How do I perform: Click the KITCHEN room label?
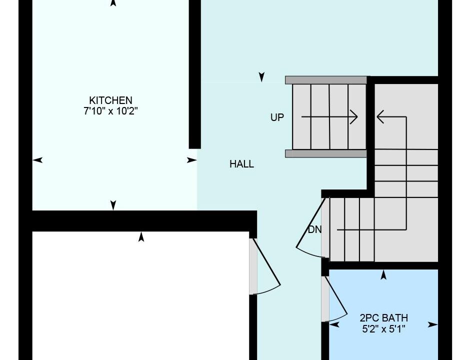[x=110, y=100]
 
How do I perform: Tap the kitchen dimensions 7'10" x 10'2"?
[x=110, y=111]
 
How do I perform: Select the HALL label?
[x=241, y=164]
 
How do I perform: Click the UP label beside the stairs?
[x=277, y=117]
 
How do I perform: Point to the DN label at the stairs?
[x=314, y=230]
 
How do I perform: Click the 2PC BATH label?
[x=383, y=318]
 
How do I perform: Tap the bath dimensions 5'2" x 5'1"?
[x=383, y=329]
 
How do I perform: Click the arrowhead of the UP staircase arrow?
[x=354, y=117]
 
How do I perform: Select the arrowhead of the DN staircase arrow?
[x=380, y=117]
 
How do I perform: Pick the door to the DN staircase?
[x=310, y=228]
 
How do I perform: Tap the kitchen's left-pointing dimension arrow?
[x=37, y=160]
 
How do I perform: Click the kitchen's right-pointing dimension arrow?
[x=192, y=160]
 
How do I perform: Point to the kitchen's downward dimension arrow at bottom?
[x=113, y=205]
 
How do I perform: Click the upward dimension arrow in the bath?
[x=383, y=274]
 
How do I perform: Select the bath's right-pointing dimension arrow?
[x=432, y=324]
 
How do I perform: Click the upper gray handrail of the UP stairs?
[x=326, y=80]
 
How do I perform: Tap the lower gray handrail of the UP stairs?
[x=326, y=153]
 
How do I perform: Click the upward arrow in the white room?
[x=141, y=237]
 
